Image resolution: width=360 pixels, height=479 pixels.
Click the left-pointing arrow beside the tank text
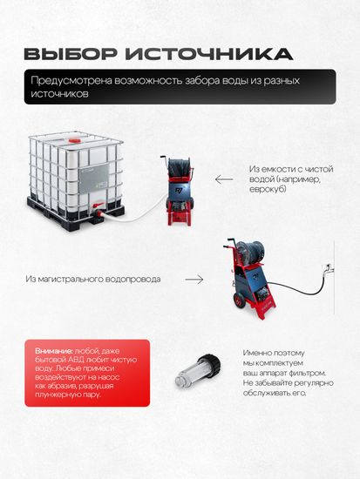coord(224,180)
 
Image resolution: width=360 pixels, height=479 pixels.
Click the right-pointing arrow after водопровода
coord(194,280)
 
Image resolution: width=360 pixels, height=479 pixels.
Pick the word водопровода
coord(146,280)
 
